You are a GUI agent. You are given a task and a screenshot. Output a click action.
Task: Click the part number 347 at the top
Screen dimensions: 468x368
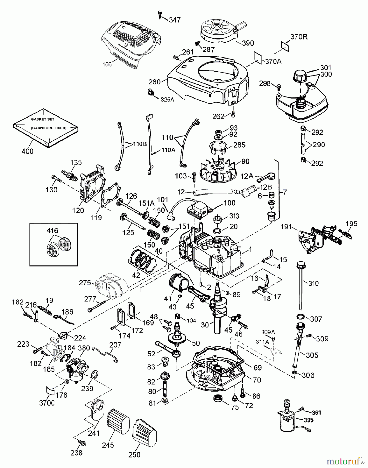pos(175,20)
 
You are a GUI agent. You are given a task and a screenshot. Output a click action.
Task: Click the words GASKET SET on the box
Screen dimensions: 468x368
pos(43,119)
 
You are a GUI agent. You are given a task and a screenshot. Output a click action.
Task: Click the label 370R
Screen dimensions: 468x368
pos(299,37)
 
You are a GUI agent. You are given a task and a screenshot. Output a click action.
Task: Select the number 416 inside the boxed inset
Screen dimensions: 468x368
pos(52,231)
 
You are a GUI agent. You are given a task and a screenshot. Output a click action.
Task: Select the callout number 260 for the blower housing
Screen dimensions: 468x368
pos(155,82)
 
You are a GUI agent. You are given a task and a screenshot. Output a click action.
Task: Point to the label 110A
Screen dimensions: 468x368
pos(168,150)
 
